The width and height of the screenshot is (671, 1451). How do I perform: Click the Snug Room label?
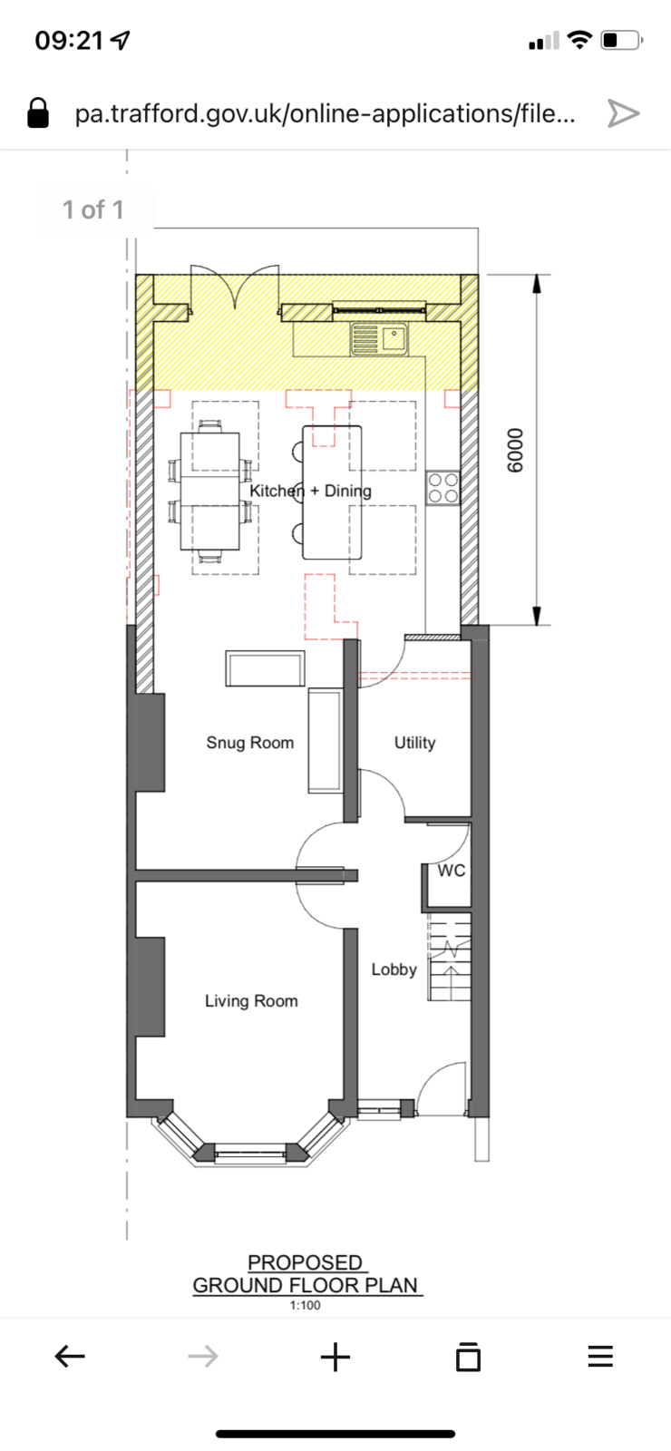point(250,743)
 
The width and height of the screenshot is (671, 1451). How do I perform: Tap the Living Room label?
point(251,1001)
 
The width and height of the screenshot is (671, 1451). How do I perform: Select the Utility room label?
point(415,743)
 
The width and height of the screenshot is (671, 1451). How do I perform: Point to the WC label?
point(452,871)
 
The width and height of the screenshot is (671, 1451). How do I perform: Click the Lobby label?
point(394,969)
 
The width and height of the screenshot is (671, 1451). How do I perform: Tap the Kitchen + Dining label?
point(311,491)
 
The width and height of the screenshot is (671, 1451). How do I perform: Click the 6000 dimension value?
point(514,450)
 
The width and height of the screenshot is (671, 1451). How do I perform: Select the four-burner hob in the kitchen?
point(443,488)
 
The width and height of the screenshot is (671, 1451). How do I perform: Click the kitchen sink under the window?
point(380,339)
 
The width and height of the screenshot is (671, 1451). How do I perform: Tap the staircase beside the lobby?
point(449,958)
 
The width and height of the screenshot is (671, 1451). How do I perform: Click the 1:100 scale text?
point(305,1305)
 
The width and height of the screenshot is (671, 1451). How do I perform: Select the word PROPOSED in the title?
point(305,1262)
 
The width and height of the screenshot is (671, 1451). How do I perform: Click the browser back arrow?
point(70,1356)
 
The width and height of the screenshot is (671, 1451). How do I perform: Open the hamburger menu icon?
point(600,1356)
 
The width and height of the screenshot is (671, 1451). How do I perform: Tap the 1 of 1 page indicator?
point(93,209)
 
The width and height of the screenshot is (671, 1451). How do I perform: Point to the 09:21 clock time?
point(69,40)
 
